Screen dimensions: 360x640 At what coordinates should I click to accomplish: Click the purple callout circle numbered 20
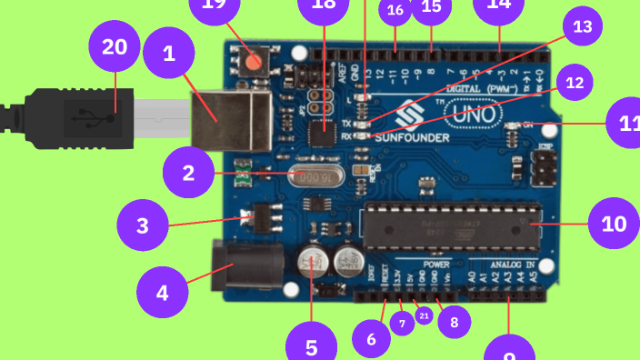115,47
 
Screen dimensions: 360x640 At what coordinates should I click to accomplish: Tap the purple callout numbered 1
168,55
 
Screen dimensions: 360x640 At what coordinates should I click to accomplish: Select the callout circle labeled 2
188,172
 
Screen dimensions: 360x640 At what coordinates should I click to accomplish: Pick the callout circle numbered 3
143,225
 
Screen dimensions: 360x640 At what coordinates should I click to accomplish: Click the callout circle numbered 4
162,293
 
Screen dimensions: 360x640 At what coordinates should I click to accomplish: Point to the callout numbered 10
615,223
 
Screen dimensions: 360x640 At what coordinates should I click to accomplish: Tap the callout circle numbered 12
574,84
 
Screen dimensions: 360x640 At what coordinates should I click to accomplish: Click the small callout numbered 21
424,315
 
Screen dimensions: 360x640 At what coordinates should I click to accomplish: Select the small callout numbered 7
402,322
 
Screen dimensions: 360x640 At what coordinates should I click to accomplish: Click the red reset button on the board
252,62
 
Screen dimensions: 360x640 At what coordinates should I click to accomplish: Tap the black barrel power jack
239,266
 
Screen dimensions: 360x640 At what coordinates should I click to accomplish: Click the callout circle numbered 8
455,319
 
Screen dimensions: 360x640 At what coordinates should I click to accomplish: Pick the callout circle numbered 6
371,339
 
